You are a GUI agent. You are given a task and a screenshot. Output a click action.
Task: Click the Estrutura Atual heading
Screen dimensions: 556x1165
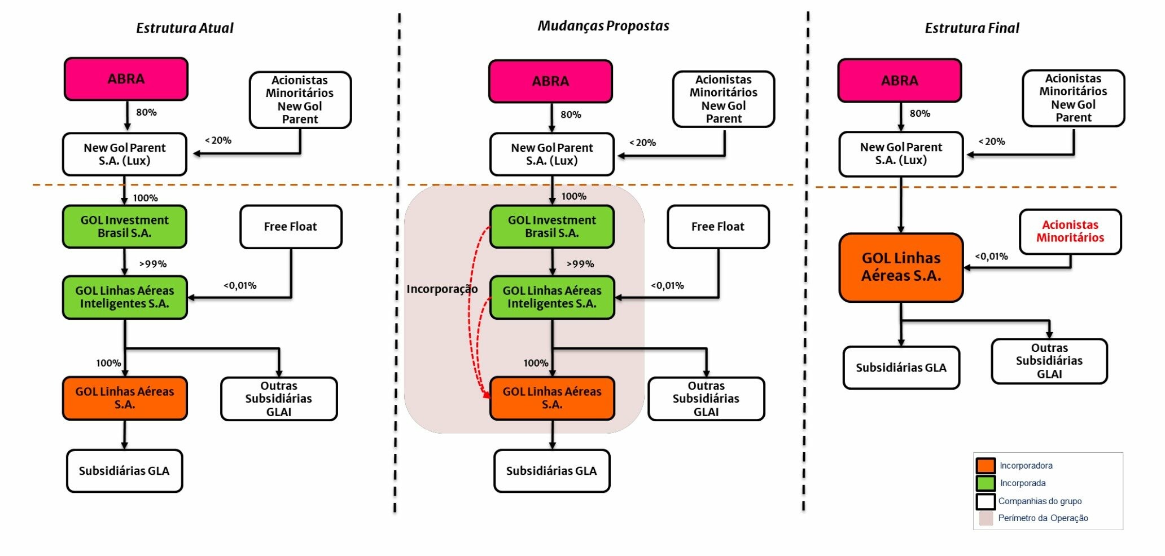pyautogui.click(x=185, y=28)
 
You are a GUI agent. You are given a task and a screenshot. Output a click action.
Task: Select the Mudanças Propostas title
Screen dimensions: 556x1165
pyautogui.click(x=603, y=26)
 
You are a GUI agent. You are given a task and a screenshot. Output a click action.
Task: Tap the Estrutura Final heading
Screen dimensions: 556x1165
pyautogui.click(x=971, y=28)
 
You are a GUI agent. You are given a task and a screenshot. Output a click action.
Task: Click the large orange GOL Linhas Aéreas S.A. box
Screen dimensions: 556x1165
pyautogui.click(x=901, y=267)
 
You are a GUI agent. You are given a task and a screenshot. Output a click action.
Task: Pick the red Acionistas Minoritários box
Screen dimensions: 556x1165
pyautogui.click(x=1070, y=232)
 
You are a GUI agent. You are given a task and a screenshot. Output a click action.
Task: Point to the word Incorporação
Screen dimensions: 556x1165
pyautogui.click(x=442, y=289)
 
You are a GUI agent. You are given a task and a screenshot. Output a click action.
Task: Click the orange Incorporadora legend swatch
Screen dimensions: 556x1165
pyautogui.click(x=986, y=466)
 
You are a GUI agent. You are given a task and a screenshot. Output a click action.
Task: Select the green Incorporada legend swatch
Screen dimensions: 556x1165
pyautogui.click(x=986, y=483)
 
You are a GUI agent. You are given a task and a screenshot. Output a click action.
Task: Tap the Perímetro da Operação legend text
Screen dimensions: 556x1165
pyautogui.click(x=1043, y=518)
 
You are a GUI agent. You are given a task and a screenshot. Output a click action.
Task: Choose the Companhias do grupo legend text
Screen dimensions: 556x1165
pyautogui.click(x=1040, y=501)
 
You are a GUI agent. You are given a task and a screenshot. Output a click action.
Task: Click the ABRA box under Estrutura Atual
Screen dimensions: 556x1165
pyautogui.click(x=126, y=79)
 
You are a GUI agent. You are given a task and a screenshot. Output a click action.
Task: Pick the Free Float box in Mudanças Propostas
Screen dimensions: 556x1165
pyautogui.click(x=717, y=227)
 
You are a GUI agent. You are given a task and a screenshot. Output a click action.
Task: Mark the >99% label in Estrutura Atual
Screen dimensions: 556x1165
pyautogui.click(x=153, y=264)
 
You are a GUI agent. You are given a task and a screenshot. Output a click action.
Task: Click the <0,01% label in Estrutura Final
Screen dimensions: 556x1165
pyautogui.click(x=991, y=257)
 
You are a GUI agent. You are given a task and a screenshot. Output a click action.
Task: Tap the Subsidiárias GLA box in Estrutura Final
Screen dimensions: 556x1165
pyautogui.click(x=901, y=368)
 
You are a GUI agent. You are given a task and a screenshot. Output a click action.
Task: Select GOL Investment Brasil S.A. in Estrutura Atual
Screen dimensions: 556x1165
pyautogui.click(x=124, y=227)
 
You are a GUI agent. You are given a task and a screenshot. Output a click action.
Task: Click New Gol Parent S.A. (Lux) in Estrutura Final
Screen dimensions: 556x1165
pyautogui.click(x=901, y=154)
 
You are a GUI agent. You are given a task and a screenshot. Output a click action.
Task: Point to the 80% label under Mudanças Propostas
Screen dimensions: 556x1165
pyautogui.click(x=571, y=115)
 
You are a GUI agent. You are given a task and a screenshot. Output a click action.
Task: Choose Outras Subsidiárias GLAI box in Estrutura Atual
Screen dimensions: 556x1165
pyautogui.click(x=279, y=399)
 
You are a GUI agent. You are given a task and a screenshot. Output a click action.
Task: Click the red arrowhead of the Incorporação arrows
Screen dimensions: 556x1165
pyautogui.click(x=486, y=395)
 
